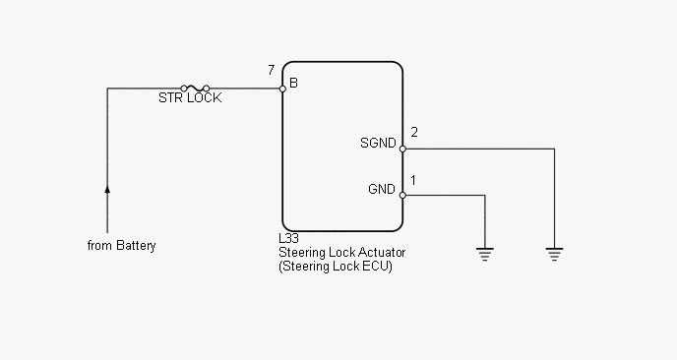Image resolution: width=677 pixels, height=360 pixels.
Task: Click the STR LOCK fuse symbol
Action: click(195, 89)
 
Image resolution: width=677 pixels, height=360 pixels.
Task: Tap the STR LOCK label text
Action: click(190, 98)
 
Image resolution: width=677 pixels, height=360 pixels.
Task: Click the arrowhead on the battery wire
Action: click(107, 189)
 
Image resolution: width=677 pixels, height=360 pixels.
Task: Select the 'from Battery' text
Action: click(122, 246)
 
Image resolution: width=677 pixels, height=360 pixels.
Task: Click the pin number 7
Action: click(272, 70)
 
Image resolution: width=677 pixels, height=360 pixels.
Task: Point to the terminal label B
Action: click(293, 83)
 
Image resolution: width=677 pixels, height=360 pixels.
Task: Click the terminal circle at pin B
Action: click(282, 89)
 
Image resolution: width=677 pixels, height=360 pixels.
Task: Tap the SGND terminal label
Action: click(378, 143)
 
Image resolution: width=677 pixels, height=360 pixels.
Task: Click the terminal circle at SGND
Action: click(402, 149)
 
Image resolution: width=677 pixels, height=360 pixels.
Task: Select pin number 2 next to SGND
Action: click(414, 132)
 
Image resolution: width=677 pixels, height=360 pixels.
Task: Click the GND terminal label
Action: click(382, 189)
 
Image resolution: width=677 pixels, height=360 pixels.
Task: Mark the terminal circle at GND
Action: click(402, 195)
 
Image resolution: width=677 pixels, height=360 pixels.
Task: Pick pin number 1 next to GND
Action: click(413, 180)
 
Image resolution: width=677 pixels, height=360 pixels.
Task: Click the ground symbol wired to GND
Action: click(485, 254)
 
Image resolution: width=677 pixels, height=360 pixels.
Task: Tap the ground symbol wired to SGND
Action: click(554, 254)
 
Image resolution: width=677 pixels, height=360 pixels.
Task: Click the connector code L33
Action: click(289, 238)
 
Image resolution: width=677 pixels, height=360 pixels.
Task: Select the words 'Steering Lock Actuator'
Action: click(342, 252)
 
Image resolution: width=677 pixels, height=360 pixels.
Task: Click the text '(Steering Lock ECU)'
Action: click(336, 266)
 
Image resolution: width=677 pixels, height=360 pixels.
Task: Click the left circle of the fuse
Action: click(184, 89)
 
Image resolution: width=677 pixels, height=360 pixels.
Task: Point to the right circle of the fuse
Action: click(207, 89)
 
